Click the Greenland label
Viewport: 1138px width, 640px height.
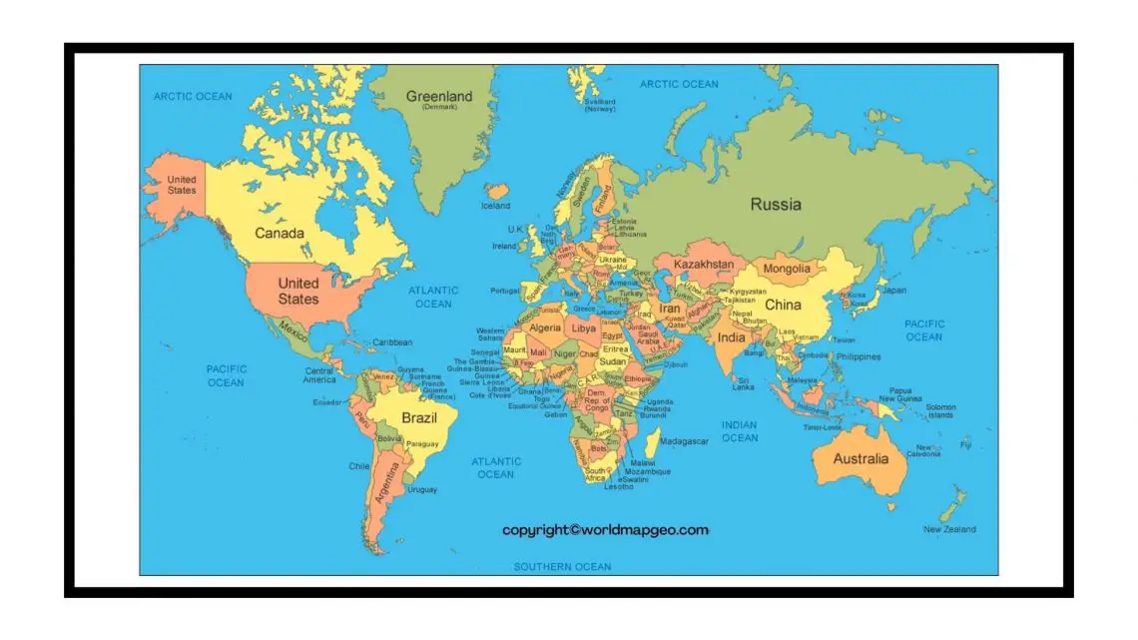438,97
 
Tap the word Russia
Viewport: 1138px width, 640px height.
776,205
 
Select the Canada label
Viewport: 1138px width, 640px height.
280,233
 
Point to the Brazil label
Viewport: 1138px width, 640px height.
419,417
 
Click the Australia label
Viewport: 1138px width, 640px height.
860,459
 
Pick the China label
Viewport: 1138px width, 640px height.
783,305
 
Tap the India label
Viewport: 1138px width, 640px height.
731,337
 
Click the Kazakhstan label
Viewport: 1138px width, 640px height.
704,265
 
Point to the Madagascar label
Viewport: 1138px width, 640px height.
684,440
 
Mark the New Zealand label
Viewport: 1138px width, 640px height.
949,529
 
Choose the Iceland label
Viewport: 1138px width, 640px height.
495,206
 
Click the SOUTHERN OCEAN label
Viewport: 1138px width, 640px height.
562,566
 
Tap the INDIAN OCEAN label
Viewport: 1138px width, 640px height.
740,431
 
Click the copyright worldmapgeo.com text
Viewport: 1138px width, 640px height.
605,529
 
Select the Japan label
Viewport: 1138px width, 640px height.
894,291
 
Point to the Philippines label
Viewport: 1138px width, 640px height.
858,356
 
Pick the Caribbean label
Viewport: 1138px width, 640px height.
392,342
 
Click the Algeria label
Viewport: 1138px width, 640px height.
545,327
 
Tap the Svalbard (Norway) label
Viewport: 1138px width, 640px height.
600,105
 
